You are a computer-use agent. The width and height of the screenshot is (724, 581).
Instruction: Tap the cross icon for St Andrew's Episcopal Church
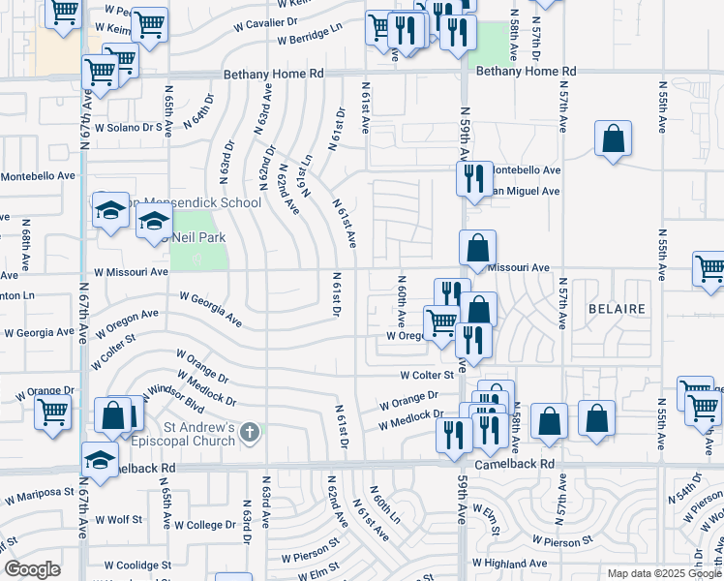pos(251,432)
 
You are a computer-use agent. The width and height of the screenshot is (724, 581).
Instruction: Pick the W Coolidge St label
pos(137,565)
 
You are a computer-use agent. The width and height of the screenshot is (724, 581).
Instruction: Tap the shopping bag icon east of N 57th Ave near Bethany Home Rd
pos(614,138)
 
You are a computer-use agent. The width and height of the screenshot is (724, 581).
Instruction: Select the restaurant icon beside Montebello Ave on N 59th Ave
pos(474,179)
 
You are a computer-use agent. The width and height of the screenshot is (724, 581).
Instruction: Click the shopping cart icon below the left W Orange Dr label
pos(53,412)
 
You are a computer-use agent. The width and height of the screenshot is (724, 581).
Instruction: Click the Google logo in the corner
pos(32,569)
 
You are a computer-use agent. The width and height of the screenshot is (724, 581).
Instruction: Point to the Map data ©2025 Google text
pos(664,573)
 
